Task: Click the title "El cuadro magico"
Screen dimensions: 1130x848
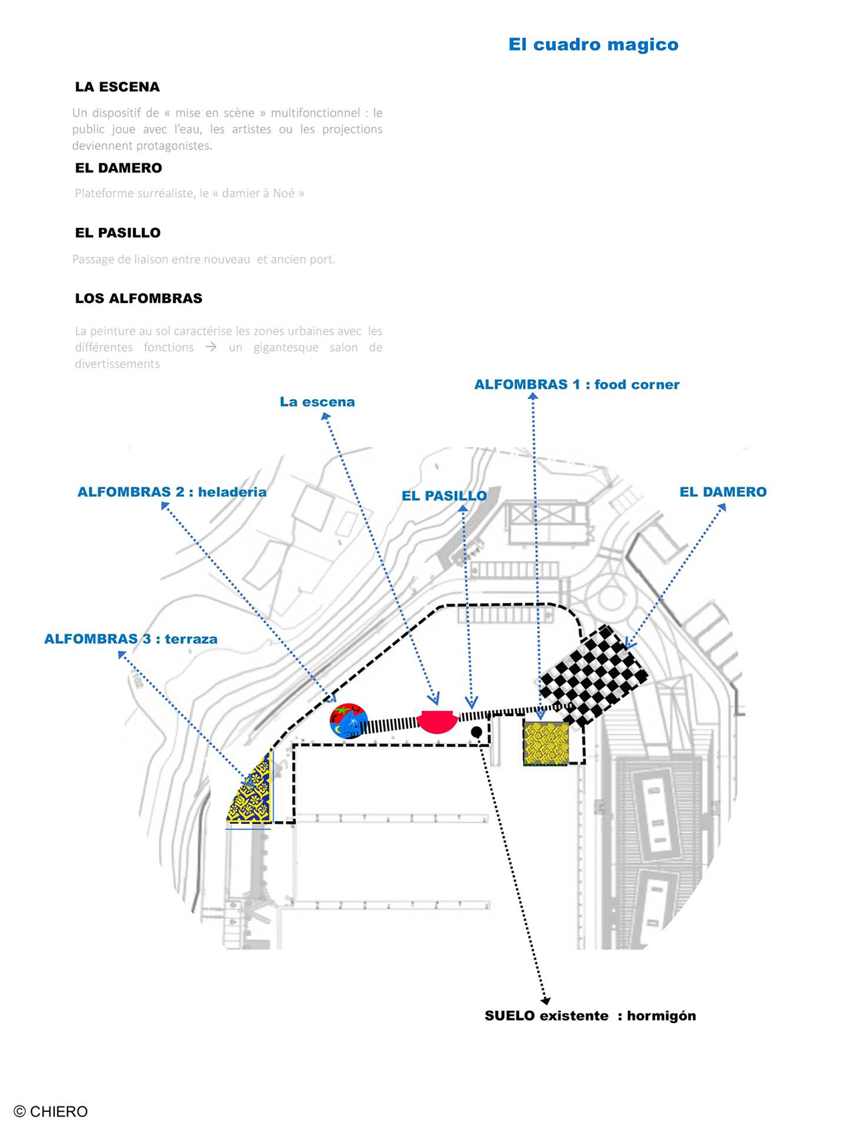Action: pyautogui.click(x=593, y=45)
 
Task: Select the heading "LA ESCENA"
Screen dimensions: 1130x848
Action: pyautogui.click(x=117, y=87)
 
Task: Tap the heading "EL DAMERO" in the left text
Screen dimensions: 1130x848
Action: pyautogui.click(x=118, y=168)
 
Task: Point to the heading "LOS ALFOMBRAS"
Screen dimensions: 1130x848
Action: pyautogui.click(x=138, y=298)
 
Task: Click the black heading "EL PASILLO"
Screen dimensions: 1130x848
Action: pyautogui.click(x=118, y=233)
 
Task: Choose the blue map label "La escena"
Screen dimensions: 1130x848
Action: pyautogui.click(x=317, y=402)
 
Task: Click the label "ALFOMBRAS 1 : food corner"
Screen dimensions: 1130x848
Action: pyautogui.click(x=576, y=384)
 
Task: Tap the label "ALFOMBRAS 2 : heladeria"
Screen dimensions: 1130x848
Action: pyautogui.click(x=172, y=492)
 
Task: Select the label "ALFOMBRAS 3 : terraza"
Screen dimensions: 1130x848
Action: pyautogui.click(x=131, y=639)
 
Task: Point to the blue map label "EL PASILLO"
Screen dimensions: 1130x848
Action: pyautogui.click(x=444, y=495)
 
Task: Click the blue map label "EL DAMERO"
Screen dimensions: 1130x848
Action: pyautogui.click(x=723, y=492)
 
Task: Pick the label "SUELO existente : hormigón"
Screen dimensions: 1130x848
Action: pyautogui.click(x=590, y=1016)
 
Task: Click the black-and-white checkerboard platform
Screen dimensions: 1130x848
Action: pyautogui.click(x=594, y=675)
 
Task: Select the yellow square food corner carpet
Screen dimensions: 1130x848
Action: pyautogui.click(x=546, y=743)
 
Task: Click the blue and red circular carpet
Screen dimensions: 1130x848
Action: pyautogui.click(x=348, y=721)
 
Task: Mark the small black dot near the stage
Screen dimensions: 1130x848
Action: pyautogui.click(x=476, y=732)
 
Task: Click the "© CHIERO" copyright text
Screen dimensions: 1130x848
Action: pyautogui.click(x=51, y=1111)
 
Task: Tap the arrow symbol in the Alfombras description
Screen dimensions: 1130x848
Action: pyautogui.click(x=211, y=347)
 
